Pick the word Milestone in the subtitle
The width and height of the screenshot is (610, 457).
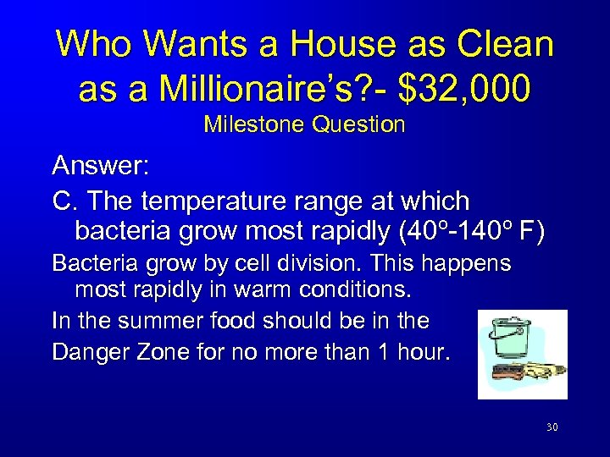255,125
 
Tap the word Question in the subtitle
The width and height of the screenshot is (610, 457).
358,125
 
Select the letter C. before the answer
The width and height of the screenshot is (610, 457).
65,201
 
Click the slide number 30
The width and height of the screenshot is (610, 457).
552,428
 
